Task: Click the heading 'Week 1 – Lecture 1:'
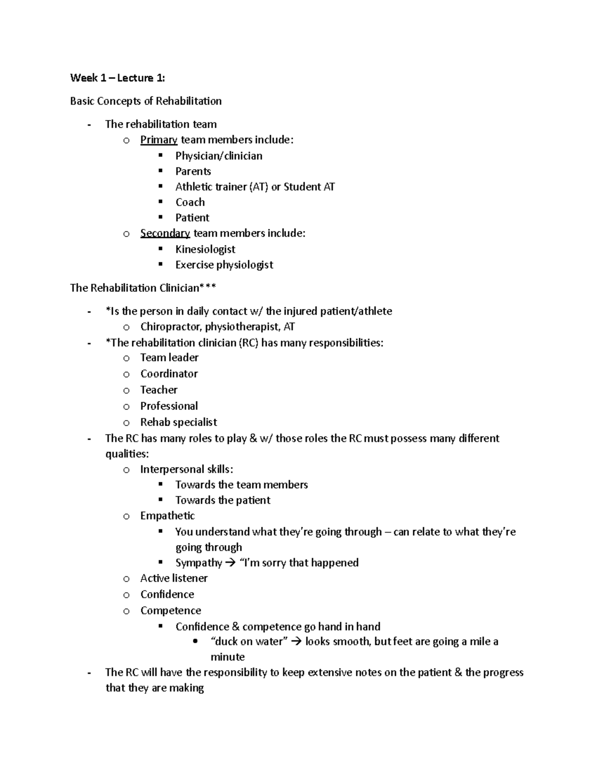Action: (117, 78)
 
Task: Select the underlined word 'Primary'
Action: (159, 140)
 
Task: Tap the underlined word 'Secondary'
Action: (165, 233)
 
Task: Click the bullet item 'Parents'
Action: (193, 171)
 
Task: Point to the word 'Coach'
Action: (190, 202)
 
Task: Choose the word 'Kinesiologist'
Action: (205, 249)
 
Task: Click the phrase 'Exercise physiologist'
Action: (224, 265)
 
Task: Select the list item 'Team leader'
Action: (169, 357)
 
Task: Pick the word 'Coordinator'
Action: (169, 374)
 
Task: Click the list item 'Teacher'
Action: (159, 390)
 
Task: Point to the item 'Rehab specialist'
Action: (179, 422)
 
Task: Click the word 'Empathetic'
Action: (167, 516)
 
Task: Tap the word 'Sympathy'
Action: (199, 562)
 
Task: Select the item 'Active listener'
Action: (174, 578)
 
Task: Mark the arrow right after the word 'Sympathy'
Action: (230, 563)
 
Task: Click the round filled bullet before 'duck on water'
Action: (195, 641)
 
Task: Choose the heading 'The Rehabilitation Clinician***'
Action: (143, 288)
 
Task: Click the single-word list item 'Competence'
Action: (171, 610)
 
